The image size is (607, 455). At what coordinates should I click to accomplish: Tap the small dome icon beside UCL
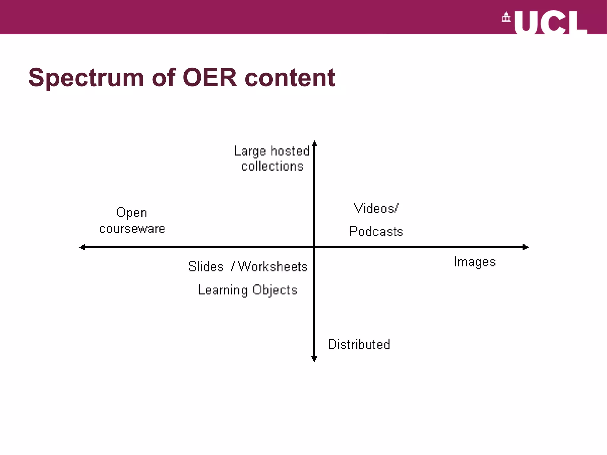(x=506, y=17)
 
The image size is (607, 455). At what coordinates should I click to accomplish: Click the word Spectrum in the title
(x=86, y=78)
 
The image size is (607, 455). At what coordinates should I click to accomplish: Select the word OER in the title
(x=210, y=78)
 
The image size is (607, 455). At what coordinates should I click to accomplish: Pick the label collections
(x=272, y=166)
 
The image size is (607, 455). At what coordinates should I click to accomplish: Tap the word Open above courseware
(x=132, y=213)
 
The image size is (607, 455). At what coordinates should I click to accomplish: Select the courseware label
(x=132, y=229)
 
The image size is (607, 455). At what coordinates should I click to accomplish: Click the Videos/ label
(x=376, y=208)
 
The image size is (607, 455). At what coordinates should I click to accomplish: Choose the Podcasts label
(x=376, y=231)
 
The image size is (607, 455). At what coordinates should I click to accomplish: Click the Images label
(x=475, y=262)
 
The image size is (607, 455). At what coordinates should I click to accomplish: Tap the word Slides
(x=206, y=267)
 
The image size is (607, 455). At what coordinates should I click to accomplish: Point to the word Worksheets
(x=273, y=267)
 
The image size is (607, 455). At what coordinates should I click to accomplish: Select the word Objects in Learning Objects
(x=275, y=290)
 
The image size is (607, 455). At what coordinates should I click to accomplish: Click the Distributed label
(x=359, y=344)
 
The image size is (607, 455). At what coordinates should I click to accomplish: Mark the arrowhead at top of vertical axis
(x=314, y=144)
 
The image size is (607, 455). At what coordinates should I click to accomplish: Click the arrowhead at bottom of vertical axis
(x=314, y=358)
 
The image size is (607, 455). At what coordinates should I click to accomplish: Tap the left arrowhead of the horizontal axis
(x=83, y=247)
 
